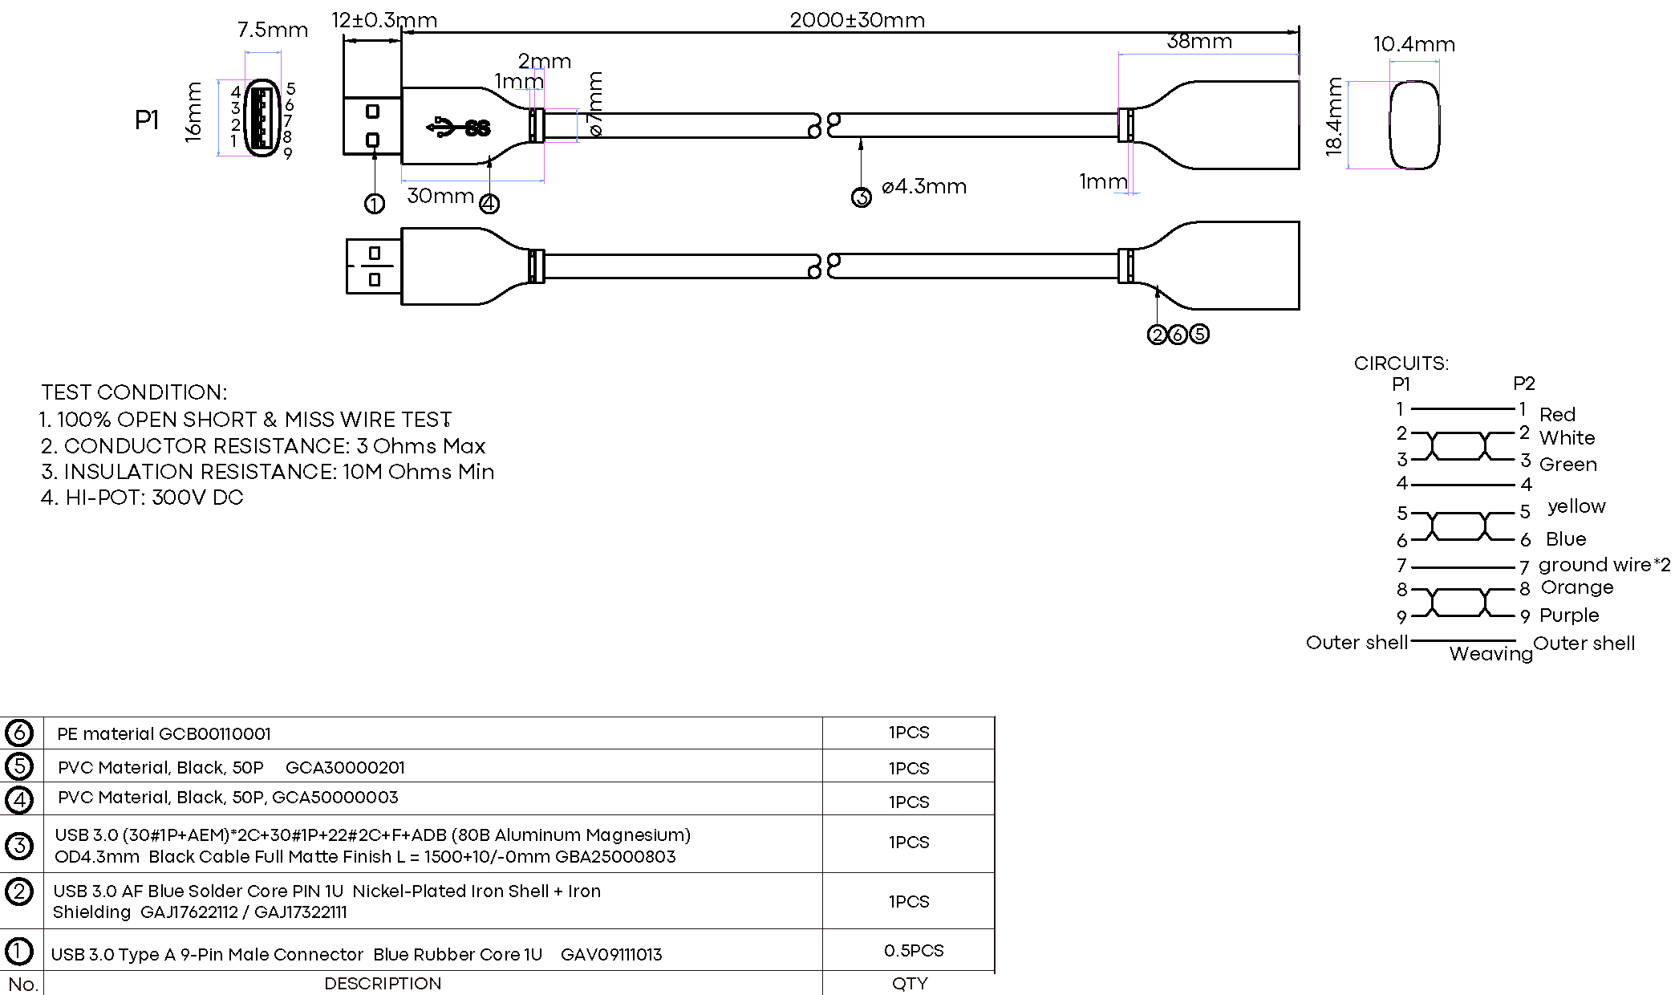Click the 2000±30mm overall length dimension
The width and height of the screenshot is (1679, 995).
click(x=857, y=20)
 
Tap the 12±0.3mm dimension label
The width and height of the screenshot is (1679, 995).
click(x=384, y=20)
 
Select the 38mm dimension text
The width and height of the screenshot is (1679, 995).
click(x=1198, y=41)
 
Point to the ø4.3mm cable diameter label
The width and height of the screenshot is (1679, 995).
click(x=923, y=187)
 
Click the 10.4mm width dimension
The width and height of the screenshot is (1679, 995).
click(x=1413, y=44)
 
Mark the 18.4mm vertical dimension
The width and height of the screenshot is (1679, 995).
click(x=1333, y=116)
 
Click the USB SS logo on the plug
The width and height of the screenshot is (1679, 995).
click(x=459, y=127)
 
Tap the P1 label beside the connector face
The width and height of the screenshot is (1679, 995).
click(x=147, y=120)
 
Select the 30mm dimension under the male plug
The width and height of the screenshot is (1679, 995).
click(x=440, y=196)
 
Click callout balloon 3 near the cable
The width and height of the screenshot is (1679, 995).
click(x=861, y=197)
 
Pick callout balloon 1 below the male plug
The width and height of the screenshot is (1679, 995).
click(x=374, y=204)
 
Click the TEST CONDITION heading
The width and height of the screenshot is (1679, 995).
click(x=134, y=392)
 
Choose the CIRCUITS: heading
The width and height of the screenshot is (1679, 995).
click(x=1401, y=363)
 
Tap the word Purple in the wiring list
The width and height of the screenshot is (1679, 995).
click(x=1569, y=615)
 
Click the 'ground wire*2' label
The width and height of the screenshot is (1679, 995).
click(x=1604, y=565)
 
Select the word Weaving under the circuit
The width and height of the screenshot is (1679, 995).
click(x=1490, y=654)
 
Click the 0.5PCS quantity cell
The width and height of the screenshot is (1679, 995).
click(x=913, y=951)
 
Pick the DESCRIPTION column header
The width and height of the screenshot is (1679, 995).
click(x=383, y=984)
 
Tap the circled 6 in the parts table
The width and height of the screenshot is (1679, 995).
click(x=19, y=733)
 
